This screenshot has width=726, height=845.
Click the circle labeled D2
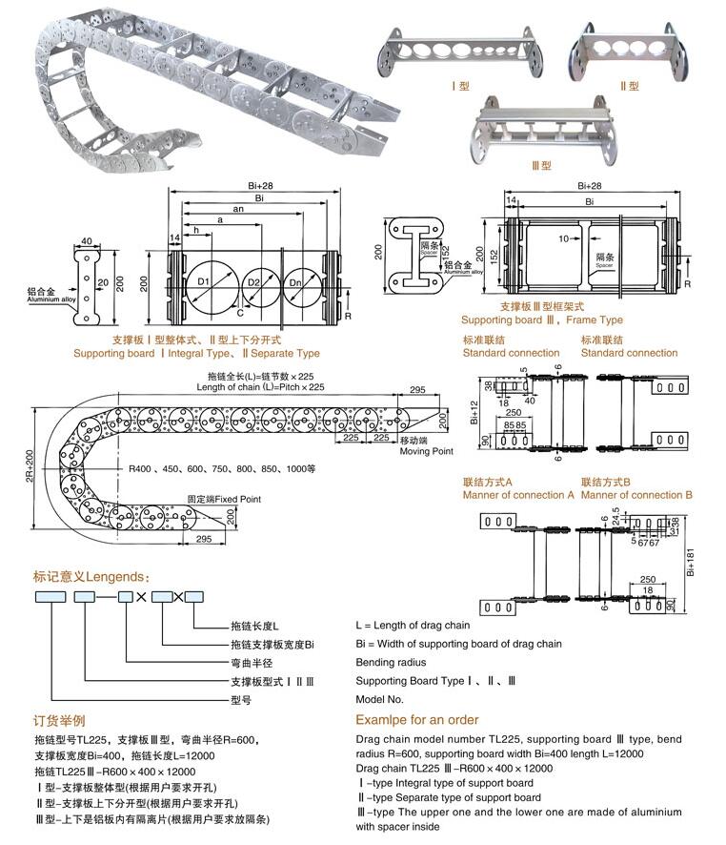pyautogui.click(x=254, y=283)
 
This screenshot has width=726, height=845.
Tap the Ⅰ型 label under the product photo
pyautogui.click(x=461, y=86)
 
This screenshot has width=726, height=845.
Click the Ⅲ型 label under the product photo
pyautogui.click(x=541, y=165)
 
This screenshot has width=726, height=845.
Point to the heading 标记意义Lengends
pyautogui.click(x=91, y=577)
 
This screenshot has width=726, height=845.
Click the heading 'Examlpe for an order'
pyautogui.click(x=417, y=720)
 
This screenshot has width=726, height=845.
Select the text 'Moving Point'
pyautogui.click(x=427, y=451)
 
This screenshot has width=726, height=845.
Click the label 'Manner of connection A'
pyautogui.click(x=518, y=495)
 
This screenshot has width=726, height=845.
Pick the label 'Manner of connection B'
pyautogui.click(x=636, y=495)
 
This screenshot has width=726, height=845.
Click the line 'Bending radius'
pyautogui.click(x=391, y=662)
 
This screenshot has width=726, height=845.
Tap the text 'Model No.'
pyautogui.click(x=381, y=699)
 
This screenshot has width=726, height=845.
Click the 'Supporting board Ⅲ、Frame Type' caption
pyautogui.click(x=541, y=320)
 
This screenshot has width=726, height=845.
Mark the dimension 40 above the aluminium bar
pyautogui.click(x=87, y=241)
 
